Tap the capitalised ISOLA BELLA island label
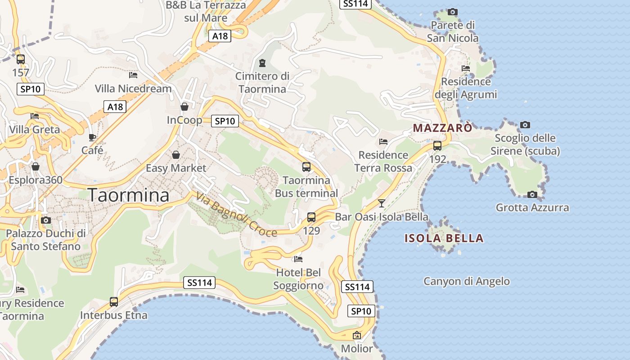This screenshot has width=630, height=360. tap(444, 238)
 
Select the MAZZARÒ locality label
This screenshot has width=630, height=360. tap(443, 128)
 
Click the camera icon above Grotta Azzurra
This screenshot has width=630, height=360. tap(532, 194)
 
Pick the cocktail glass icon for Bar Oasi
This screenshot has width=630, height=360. tap(382, 203)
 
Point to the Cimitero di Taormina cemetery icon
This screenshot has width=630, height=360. tap(262, 63)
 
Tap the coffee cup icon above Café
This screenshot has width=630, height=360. tap(92, 137)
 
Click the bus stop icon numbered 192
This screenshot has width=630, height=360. tap(437, 146)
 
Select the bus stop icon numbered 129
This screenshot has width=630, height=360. tap(311, 217)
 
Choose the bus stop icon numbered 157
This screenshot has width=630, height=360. tap(21, 59)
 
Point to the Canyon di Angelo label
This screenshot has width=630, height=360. tap(467, 282)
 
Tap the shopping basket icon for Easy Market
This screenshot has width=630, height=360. tap(175, 155)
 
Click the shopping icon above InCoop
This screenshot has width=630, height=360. tap(184, 107)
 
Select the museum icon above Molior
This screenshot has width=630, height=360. tap(357, 335)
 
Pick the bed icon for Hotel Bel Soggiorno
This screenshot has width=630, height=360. tap(298, 259)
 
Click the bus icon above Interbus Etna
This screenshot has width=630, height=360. tap(114, 302)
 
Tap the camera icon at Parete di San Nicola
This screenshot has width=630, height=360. tap(453, 12)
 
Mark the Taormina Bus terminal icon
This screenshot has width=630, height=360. tap(306, 167)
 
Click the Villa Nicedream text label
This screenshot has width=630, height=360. tap(134, 89)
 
